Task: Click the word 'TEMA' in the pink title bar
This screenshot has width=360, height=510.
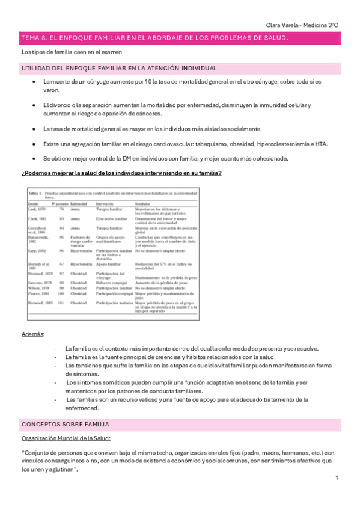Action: [29, 38]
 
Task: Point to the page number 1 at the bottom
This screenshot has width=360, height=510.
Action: [337, 478]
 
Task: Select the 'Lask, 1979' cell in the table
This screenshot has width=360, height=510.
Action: [35, 209]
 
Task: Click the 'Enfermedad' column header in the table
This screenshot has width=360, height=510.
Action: [80, 204]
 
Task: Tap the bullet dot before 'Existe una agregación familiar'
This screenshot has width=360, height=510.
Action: [34, 144]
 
